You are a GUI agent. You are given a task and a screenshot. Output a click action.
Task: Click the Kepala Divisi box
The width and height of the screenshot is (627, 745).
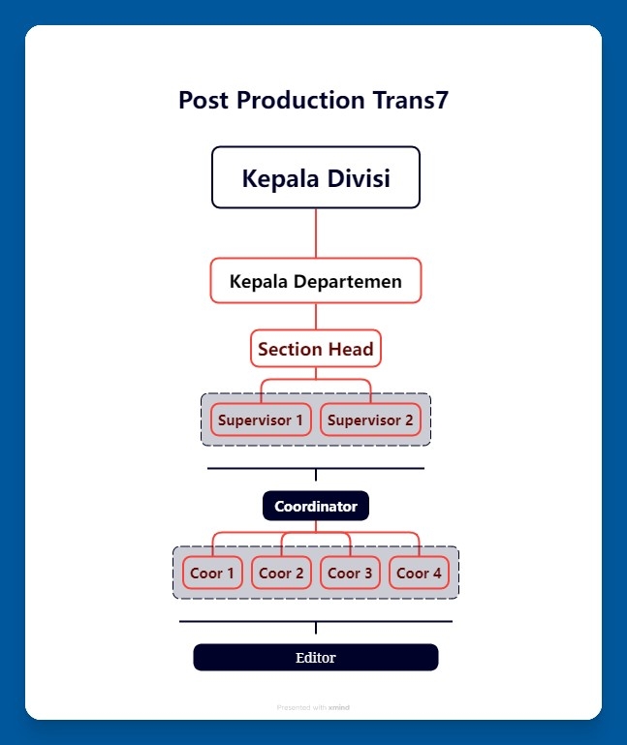(316, 177)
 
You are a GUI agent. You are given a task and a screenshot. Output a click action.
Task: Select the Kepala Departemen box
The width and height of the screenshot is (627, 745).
(316, 281)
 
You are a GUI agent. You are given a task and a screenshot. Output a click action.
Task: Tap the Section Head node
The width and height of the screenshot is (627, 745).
(316, 349)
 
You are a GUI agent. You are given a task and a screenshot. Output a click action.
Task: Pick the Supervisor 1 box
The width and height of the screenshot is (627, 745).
(261, 420)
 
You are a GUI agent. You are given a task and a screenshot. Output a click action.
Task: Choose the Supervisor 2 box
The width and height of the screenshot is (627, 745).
(370, 420)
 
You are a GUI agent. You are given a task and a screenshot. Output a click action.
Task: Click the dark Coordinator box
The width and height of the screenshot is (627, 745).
(316, 506)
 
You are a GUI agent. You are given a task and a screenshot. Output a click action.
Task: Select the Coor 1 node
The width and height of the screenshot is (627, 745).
(212, 573)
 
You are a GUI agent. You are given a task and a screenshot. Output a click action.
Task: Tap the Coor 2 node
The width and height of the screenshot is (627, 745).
(281, 573)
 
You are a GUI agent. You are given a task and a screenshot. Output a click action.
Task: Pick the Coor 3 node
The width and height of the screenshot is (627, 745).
(350, 573)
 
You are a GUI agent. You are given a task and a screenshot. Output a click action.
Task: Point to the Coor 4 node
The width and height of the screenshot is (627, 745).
(419, 573)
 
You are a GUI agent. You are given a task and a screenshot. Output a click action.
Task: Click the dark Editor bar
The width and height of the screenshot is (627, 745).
(316, 658)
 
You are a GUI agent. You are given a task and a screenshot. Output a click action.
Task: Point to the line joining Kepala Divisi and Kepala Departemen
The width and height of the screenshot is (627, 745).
(316, 233)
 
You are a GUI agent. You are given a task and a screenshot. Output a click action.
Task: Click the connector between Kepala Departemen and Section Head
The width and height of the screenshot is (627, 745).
(316, 317)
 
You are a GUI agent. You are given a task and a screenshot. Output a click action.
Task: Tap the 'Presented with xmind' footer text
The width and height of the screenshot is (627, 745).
(313, 707)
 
